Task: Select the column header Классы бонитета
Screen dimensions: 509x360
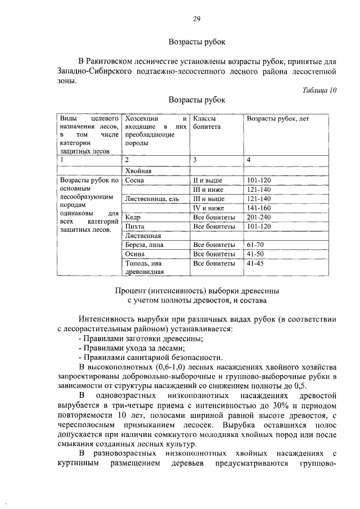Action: [206, 123]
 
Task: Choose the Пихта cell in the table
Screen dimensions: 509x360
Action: [135, 226]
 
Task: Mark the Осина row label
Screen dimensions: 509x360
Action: [136, 254]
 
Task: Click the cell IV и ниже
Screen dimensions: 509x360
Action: [208, 208]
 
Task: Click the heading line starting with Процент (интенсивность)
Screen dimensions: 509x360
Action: [196, 291]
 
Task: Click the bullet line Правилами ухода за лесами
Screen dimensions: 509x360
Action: [125, 348]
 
